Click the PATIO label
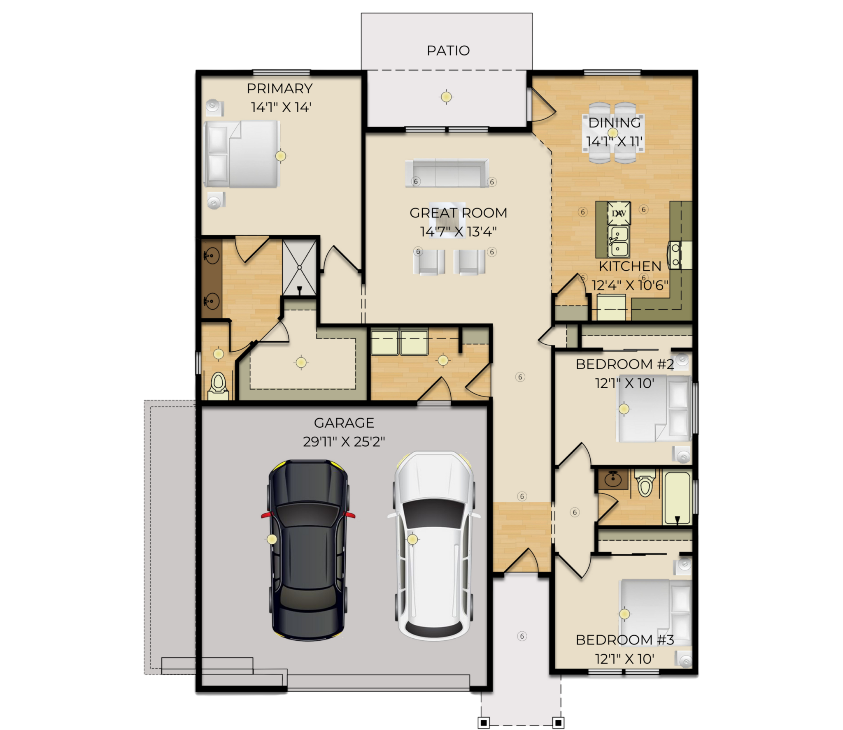point(448,51)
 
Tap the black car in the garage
point(308,550)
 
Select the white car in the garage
point(434,546)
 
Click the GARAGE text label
point(344,423)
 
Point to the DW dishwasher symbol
point(619,213)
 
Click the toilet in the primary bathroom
point(218,386)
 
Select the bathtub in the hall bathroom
point(677,498)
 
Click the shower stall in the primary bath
point(299,268)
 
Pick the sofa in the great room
point(447,173)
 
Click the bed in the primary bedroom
point(242,154)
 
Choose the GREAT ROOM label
point(458,213)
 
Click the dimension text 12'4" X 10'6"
point(630,285)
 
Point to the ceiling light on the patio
point(446,97)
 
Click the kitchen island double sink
point(618,241)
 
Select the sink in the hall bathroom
point(613,479)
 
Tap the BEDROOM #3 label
point(624,640)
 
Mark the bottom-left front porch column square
point(484,723)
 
